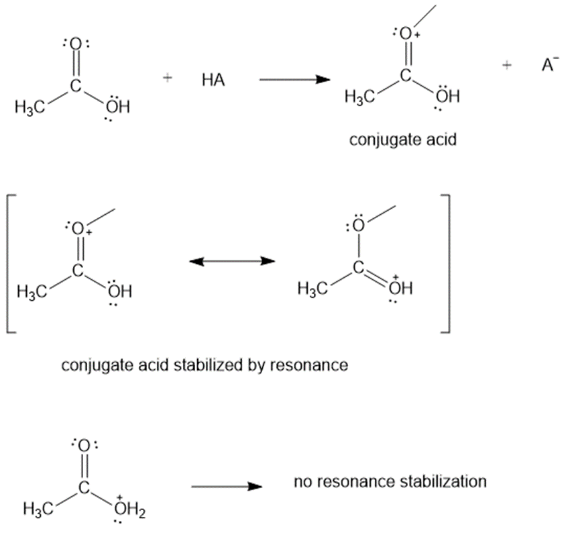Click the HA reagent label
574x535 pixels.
click(x=213, y=81)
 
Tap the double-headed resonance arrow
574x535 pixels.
click(x=231, y=261)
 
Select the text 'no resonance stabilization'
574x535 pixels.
click(x=390, y=481)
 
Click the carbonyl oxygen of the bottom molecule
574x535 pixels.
click(x=85, y=445)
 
